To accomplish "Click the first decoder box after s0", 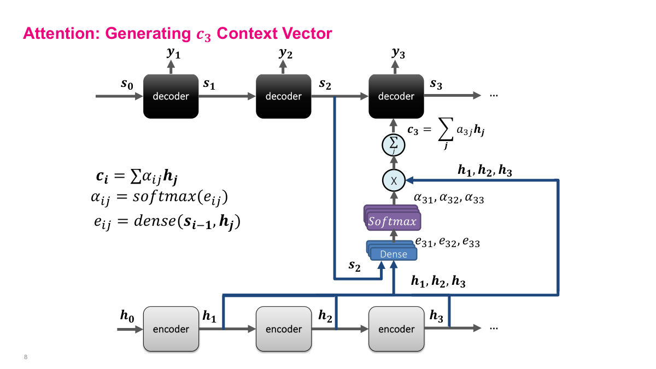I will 170,96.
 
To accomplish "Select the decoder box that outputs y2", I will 283,96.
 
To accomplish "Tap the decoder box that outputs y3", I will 396,96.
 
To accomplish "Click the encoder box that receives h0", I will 170,329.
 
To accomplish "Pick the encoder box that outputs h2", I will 283,329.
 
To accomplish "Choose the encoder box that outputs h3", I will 396,329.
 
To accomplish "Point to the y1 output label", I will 173,53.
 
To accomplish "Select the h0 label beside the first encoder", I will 126,315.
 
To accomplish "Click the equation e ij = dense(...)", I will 167,221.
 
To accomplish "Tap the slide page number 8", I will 26,357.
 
